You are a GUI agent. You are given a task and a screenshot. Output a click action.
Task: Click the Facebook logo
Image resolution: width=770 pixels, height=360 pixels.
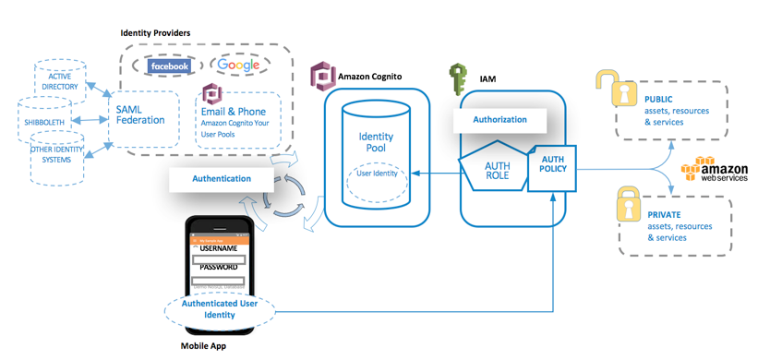(x=169, y=66)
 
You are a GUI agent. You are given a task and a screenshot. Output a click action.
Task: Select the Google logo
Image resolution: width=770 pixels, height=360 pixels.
(x=238, y=66)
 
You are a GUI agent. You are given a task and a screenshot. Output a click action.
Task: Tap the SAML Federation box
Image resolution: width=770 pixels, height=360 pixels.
(x=140, y=114)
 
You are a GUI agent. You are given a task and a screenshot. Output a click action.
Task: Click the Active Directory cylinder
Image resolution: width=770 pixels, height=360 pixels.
(x=60, y=82)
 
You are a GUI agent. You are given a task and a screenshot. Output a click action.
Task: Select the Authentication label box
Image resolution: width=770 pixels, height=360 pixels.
(x=222, y=178)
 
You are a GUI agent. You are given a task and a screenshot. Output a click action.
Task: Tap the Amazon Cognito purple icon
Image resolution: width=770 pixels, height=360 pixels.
(x=321, y=74)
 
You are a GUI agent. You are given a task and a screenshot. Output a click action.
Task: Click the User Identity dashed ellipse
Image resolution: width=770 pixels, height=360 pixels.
(x=376, y=173)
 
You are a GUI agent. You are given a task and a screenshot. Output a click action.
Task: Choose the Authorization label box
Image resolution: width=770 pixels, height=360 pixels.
(x=499, y=119)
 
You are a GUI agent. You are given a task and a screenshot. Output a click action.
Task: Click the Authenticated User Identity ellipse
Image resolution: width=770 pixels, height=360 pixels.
(x=220, y=308)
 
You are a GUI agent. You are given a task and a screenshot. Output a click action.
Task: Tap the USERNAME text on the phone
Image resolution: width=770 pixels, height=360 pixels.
(x=219, y=249)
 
